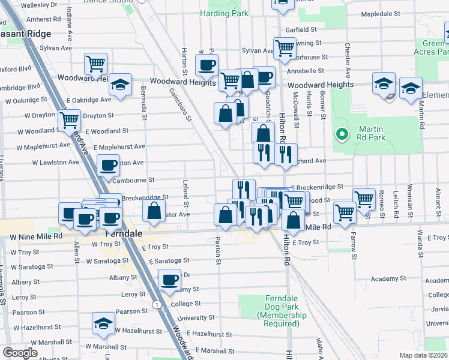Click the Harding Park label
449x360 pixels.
point(224,13)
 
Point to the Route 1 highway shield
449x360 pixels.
point(157,305)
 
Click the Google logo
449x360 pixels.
point(20,353)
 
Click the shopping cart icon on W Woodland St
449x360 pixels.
point(70,120)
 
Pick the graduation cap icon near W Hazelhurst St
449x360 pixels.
point(103,323)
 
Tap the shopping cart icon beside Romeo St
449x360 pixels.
point(364,198)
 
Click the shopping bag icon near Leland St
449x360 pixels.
point(154,211)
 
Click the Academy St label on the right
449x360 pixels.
point(389,279)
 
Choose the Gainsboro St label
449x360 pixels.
point(179,105)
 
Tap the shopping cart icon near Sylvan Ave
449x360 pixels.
point(285,47)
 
